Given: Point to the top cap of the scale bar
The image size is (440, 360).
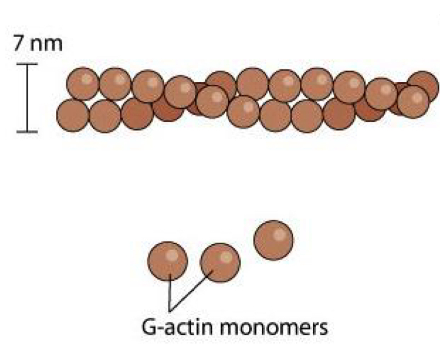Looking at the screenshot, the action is pyautogui.click(x=26, y=63).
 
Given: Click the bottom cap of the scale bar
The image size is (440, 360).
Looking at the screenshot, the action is pyautogui.click(x=26, y=131).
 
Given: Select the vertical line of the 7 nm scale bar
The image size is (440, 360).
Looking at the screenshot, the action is pyautogui.click(x=26, y=97).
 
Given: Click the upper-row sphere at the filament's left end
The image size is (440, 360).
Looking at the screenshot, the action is pyautogui.click(x=83, y=84).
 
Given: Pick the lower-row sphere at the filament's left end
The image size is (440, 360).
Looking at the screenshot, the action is pyautogui.click(x=73, y=115).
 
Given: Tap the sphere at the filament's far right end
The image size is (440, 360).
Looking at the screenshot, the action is pyautogui.click(x=423, y=86).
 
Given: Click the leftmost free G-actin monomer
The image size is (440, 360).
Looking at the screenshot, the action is pyautogui.click(x=168, y=261).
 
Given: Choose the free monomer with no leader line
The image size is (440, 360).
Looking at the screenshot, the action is pyautogui.click(x=273, y=240).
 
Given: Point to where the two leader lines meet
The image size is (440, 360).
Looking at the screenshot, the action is pyautogui.click(x=171, y=307).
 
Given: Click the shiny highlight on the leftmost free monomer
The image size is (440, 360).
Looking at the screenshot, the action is pyautogui.click(x=174, y=254).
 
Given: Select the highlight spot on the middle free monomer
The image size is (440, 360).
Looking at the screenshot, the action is pyautogui.click(x=226, y=256).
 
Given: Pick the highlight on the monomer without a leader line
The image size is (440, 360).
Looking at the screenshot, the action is pyautogui.click(x=280, y=233).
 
